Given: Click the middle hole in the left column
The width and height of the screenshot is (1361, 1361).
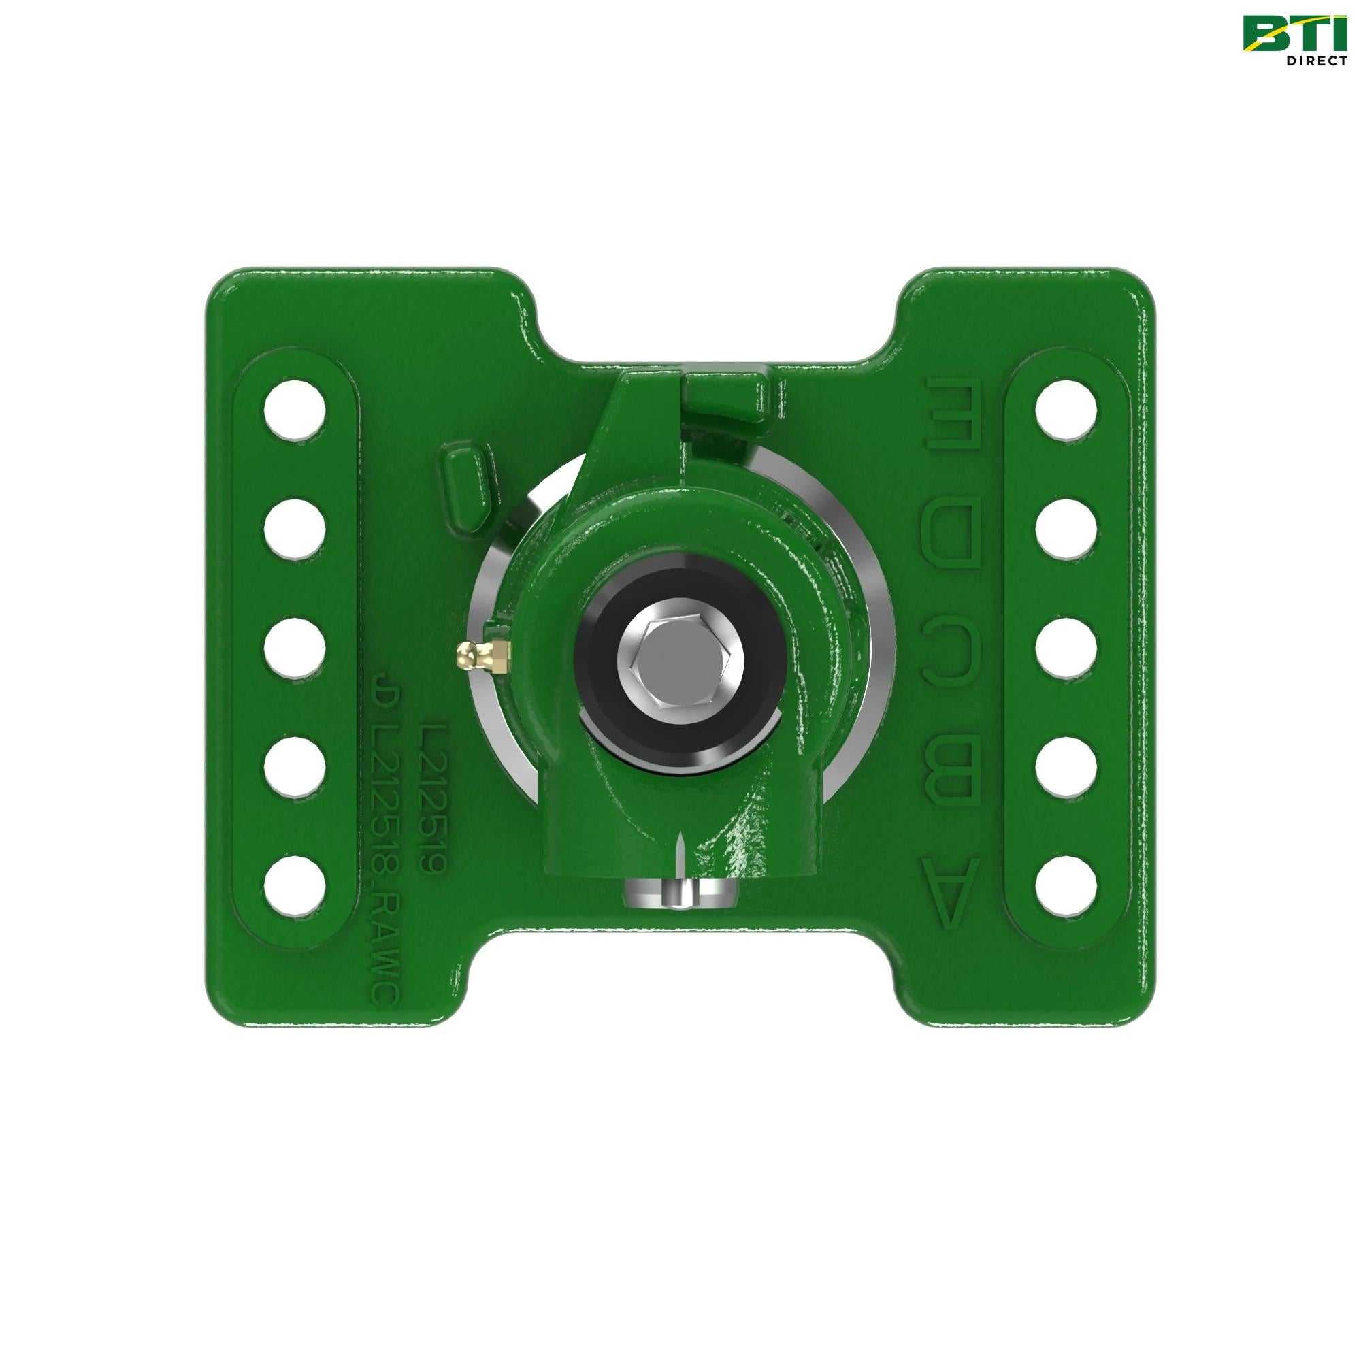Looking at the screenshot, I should click(296, 646).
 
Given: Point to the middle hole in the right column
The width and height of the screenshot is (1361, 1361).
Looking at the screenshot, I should click(1067, 646).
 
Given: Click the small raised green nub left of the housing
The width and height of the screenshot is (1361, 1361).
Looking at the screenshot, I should click(467, 484).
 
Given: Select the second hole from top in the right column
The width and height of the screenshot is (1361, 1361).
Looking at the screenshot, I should click(1067, 527).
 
